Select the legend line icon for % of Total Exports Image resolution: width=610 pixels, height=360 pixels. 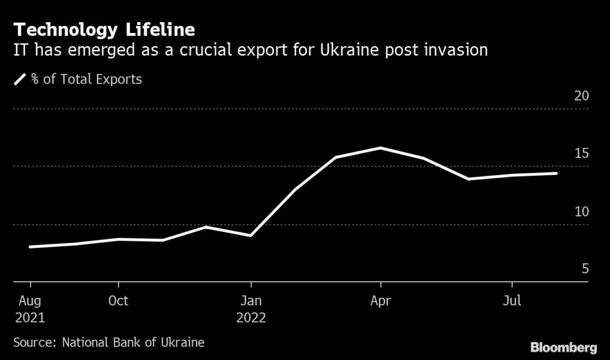click(20, 79)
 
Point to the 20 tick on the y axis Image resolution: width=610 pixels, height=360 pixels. click(581, 96)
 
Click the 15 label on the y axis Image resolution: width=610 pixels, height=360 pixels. click(581, 154)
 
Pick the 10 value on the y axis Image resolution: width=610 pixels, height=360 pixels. click(581, 212)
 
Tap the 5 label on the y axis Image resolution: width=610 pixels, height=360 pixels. click(585, 269)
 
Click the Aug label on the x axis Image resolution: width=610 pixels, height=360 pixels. click(30, 300)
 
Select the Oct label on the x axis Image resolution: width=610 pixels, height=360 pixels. click(118, 300)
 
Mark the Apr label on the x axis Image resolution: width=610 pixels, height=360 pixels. click(381, 300)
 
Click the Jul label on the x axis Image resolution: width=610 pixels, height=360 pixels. click(512, 300)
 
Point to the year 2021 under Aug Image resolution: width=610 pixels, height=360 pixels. click(30, 318)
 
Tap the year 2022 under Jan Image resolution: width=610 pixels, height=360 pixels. click(251, 318)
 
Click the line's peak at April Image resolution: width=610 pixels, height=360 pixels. click(381, 148)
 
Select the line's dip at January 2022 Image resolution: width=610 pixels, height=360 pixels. click(251, 235)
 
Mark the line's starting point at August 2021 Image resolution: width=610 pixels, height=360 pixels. click(30, 247)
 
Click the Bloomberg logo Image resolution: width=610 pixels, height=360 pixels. click(564, 347)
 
